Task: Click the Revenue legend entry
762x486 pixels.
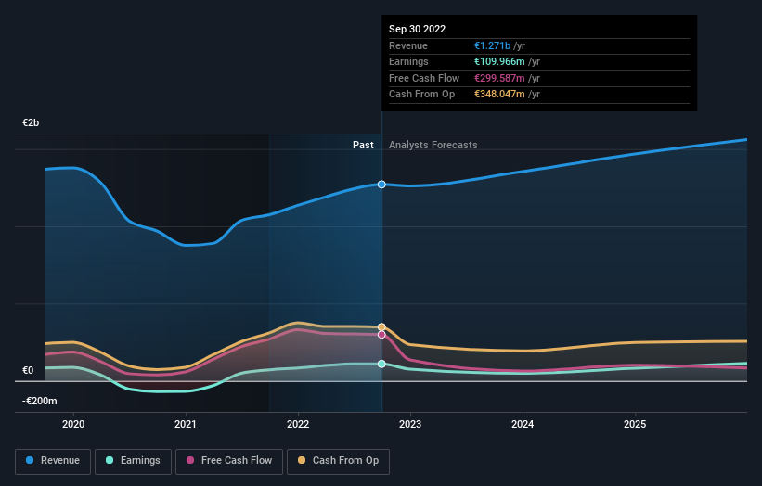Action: [x=53, y=460]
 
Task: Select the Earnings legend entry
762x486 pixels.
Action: [x=134, y=460]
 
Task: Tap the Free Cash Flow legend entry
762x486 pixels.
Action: [x=228, y=460]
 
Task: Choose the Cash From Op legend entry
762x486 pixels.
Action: [x=338, y=460]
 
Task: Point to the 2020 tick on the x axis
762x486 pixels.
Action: [x=73, y=424]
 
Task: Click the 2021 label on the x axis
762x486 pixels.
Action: [x=186, y=424]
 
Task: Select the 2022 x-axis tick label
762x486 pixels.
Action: [x=298, y=424]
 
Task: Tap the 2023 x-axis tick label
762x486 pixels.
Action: [x=410, y=424]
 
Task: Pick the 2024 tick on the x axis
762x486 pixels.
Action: [x=523, y=424]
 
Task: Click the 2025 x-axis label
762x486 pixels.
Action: [x=635, y=424]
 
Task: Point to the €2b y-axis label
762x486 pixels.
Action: [x=32, y=123]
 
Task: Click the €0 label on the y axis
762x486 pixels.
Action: [x=28, y=371]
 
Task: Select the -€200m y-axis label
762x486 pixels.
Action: [x=40, y=401]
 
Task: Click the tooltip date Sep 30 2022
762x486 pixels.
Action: [x=417, y=29]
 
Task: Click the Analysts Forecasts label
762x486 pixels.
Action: [x=433, y=145]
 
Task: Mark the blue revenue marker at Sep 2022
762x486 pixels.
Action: [x=381, y=185]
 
